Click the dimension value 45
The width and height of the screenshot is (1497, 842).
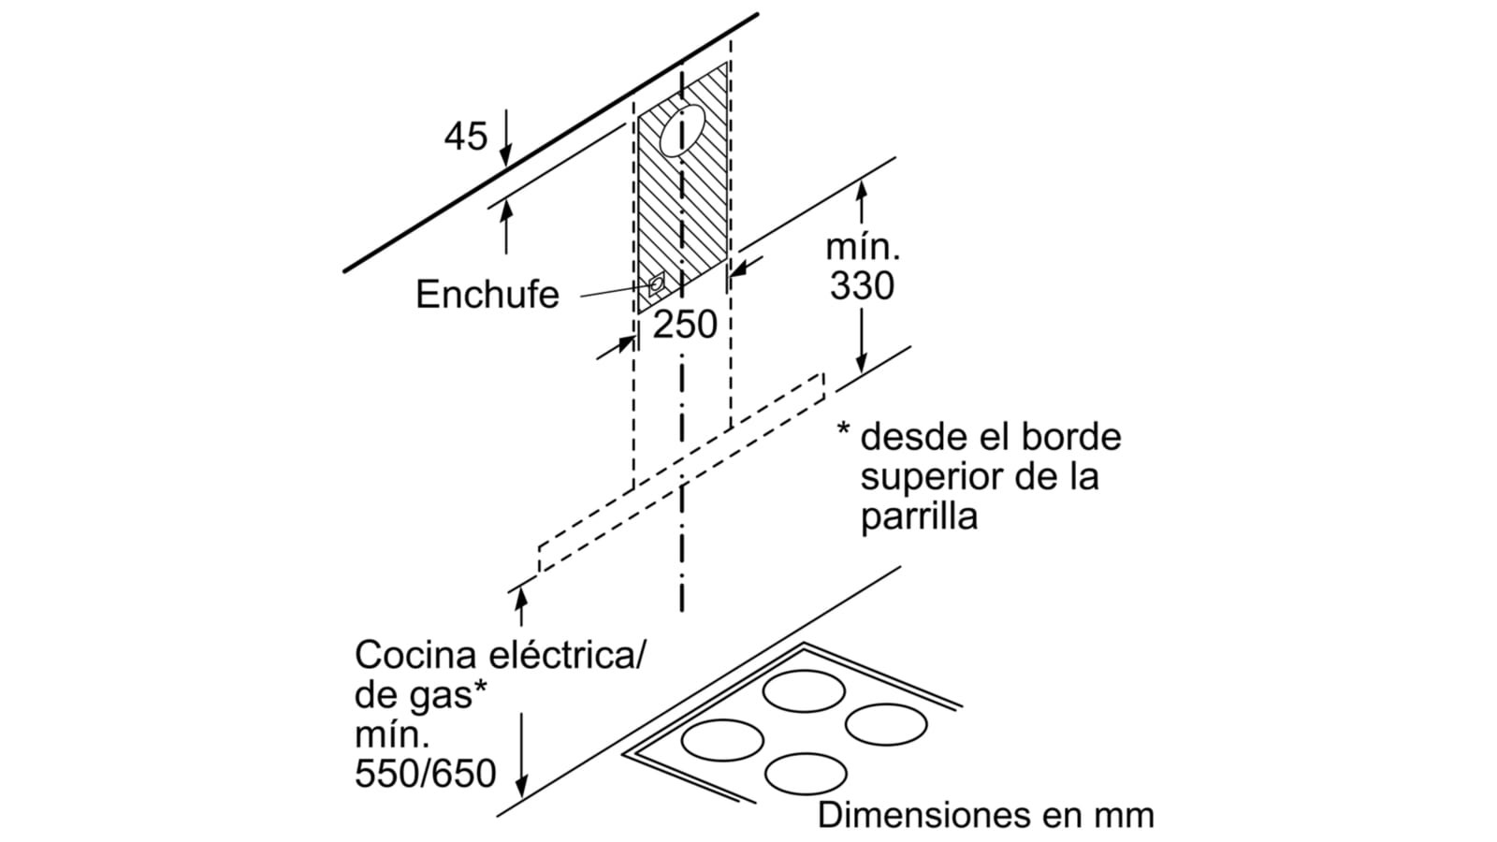pos(466,137)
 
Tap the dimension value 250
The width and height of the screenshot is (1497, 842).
pos(685,325)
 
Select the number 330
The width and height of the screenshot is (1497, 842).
pos(862,286)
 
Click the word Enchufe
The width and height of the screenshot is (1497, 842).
pos(487,295)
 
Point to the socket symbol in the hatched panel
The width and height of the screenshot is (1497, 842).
pos(657,283)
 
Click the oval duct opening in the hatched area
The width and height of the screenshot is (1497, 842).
pos(681,130)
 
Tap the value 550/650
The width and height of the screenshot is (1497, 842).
pos(426,774)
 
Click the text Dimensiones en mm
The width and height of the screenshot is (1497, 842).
pos(985,814)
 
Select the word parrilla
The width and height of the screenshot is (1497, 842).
pos(919,516)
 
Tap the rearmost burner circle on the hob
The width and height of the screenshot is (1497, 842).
pos(804,692)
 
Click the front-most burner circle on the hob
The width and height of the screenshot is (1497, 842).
pos(806,774)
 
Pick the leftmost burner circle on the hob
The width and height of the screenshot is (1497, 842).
pos(722,740)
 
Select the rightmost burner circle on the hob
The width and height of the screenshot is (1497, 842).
pos(886,725)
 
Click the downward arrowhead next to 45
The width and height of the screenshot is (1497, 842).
pos(506,158)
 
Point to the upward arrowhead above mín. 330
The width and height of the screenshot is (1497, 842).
pos(862,187)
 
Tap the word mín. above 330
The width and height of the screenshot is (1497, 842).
pos(862,248)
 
